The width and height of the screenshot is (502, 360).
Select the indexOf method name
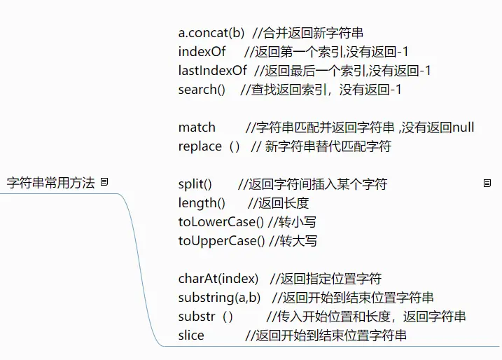coord(202,52)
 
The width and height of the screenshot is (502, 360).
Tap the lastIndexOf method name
coord(213,70)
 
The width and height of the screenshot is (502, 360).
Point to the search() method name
coord(202,89)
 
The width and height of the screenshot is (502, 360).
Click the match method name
coord(197,127)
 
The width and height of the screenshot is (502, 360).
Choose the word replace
coord(200,146)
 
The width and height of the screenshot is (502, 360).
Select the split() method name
coord(195,184)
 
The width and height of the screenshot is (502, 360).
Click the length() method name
coord(202,203)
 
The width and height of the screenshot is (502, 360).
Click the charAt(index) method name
coord(218,279)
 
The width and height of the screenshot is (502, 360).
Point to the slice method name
coord(191,335)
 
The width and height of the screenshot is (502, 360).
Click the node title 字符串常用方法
coord(50,183)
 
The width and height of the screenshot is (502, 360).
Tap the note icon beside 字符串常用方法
coord(104,181)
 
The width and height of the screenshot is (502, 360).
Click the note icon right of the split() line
coord(487,184)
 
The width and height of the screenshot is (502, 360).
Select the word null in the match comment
coord(463,127)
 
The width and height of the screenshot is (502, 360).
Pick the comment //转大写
coord(293,241)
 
